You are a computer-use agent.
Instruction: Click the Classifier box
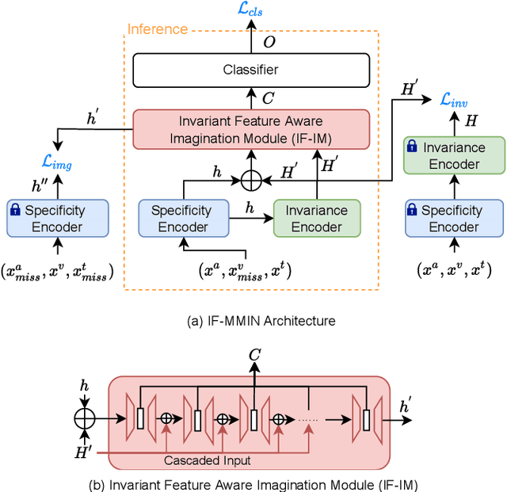tap(250, 70)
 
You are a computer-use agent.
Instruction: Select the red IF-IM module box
tap(250, 128)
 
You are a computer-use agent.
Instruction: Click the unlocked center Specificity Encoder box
tap(181, 218)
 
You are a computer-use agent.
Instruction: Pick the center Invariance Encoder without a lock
tap(316, 218)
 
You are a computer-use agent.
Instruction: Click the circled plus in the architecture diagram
tap(250, 180)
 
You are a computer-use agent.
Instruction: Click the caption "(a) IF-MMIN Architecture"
tap(250, 320)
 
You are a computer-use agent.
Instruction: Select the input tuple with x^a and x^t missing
tap(56, 272)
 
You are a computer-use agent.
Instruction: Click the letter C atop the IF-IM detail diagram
tap(253, 356)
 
